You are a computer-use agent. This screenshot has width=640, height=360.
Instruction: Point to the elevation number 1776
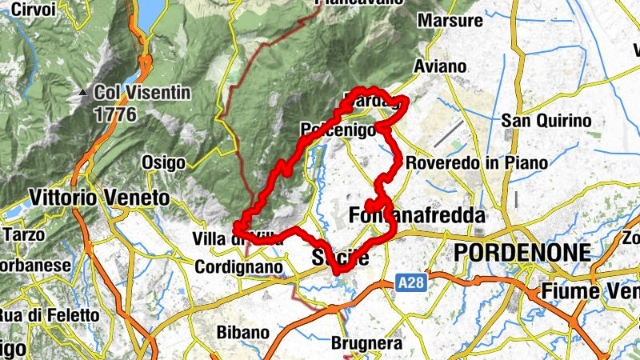click(x=117, y=114)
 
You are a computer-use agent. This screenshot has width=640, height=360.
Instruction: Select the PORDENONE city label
click(x=522, y=254)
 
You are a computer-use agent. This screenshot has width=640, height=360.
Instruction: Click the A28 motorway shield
click(x=409, y=282)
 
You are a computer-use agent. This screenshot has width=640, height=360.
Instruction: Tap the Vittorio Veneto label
click(x=98, y=197)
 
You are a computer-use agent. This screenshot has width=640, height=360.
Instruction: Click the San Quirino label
click(x=546, y=121)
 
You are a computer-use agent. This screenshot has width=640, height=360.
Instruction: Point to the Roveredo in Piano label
click(x=477, y=162)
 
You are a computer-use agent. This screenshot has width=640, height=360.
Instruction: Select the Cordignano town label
click(x=239, y=266)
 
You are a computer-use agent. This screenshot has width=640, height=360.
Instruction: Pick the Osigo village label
click(x=163, y=162)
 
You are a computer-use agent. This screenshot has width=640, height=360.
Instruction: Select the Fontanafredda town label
click(x=418, y=215)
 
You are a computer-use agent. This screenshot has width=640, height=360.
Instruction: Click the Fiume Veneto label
click(x=590, y=290)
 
